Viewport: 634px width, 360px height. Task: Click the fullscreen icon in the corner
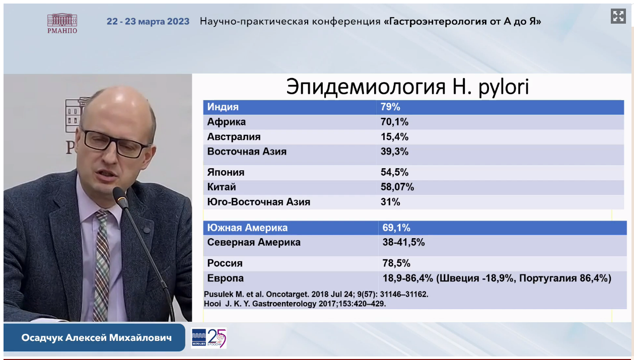[618, 16]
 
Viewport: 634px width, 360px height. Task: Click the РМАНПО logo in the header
[62, 23]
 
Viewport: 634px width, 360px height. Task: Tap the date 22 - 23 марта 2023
[148, 21]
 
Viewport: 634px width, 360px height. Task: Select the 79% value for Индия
[390, 107]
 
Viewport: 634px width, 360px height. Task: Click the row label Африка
[226, 122]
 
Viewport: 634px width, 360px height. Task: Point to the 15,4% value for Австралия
[394, 137]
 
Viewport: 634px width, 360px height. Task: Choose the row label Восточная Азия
[247, 152]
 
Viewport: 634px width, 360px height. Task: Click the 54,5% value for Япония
[394, 172]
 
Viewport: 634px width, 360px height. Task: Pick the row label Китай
[222, 187]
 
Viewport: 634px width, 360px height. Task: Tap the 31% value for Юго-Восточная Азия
[390, 202]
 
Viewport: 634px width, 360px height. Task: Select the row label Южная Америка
[247, 228]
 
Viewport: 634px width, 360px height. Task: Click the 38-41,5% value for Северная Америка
[403, 243]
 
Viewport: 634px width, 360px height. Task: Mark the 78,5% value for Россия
[396, 263]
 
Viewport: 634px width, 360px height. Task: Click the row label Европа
[225, 278]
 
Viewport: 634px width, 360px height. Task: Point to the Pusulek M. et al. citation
[316, 295]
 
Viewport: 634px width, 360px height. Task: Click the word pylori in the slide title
[504, 87]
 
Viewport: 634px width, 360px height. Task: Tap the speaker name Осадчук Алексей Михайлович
[97, 338]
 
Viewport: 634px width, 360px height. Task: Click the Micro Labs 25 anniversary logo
[209, 338]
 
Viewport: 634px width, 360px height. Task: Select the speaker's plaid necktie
[101, 263]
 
